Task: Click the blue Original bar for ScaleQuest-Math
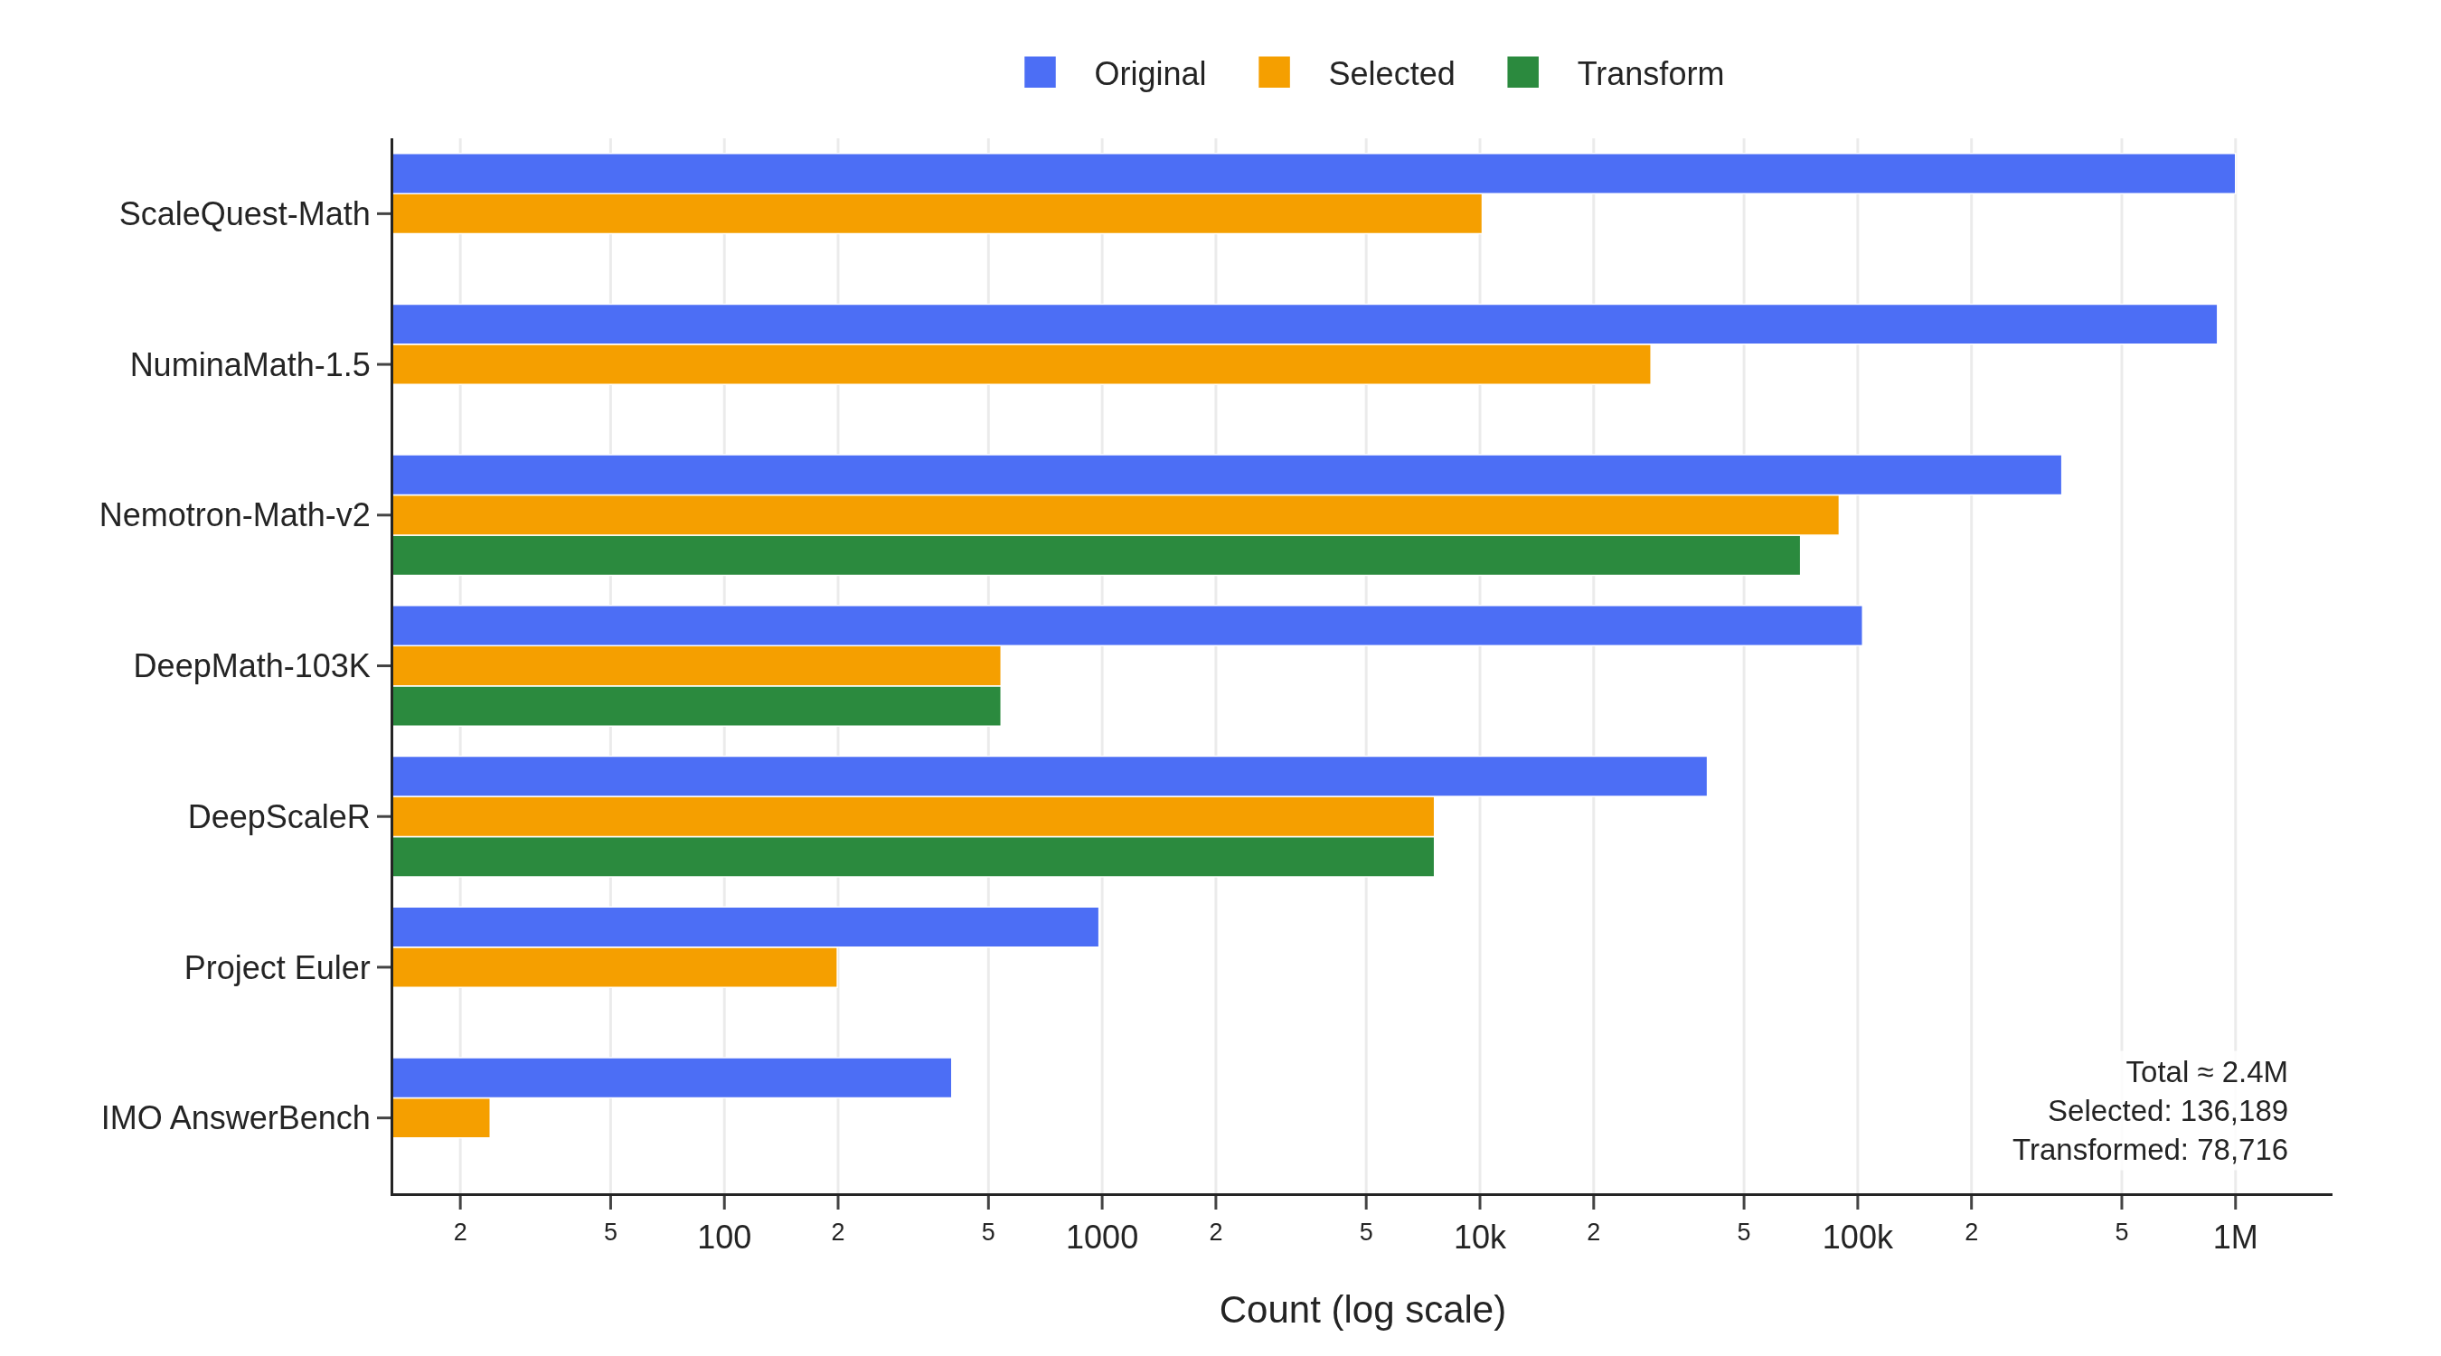pos(1313,174)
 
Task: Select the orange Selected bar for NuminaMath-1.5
pos(1021,364)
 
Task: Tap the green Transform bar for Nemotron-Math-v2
pos(1096,555)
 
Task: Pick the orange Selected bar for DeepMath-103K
pos(695,665)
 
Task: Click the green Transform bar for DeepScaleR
pos(912,857)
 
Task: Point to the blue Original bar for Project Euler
pos(745,927)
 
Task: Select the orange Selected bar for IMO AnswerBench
pos(440,1118)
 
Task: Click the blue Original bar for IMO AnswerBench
pos(671,1078)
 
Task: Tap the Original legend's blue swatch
pos(1040,73)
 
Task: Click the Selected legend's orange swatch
pos(1274,73)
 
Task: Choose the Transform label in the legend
pos(1650,74)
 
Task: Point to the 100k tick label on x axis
pos(1856,1238)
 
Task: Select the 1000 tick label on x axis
pos(1101,1238)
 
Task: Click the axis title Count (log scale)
pos(1362,1310)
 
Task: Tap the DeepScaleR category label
pos(278,817)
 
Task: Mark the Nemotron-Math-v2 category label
pos(234,515)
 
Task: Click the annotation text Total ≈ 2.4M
pos(2205,1072)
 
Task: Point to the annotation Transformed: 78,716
pos(2149,1149)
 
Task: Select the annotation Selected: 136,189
pos(2167,1111)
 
